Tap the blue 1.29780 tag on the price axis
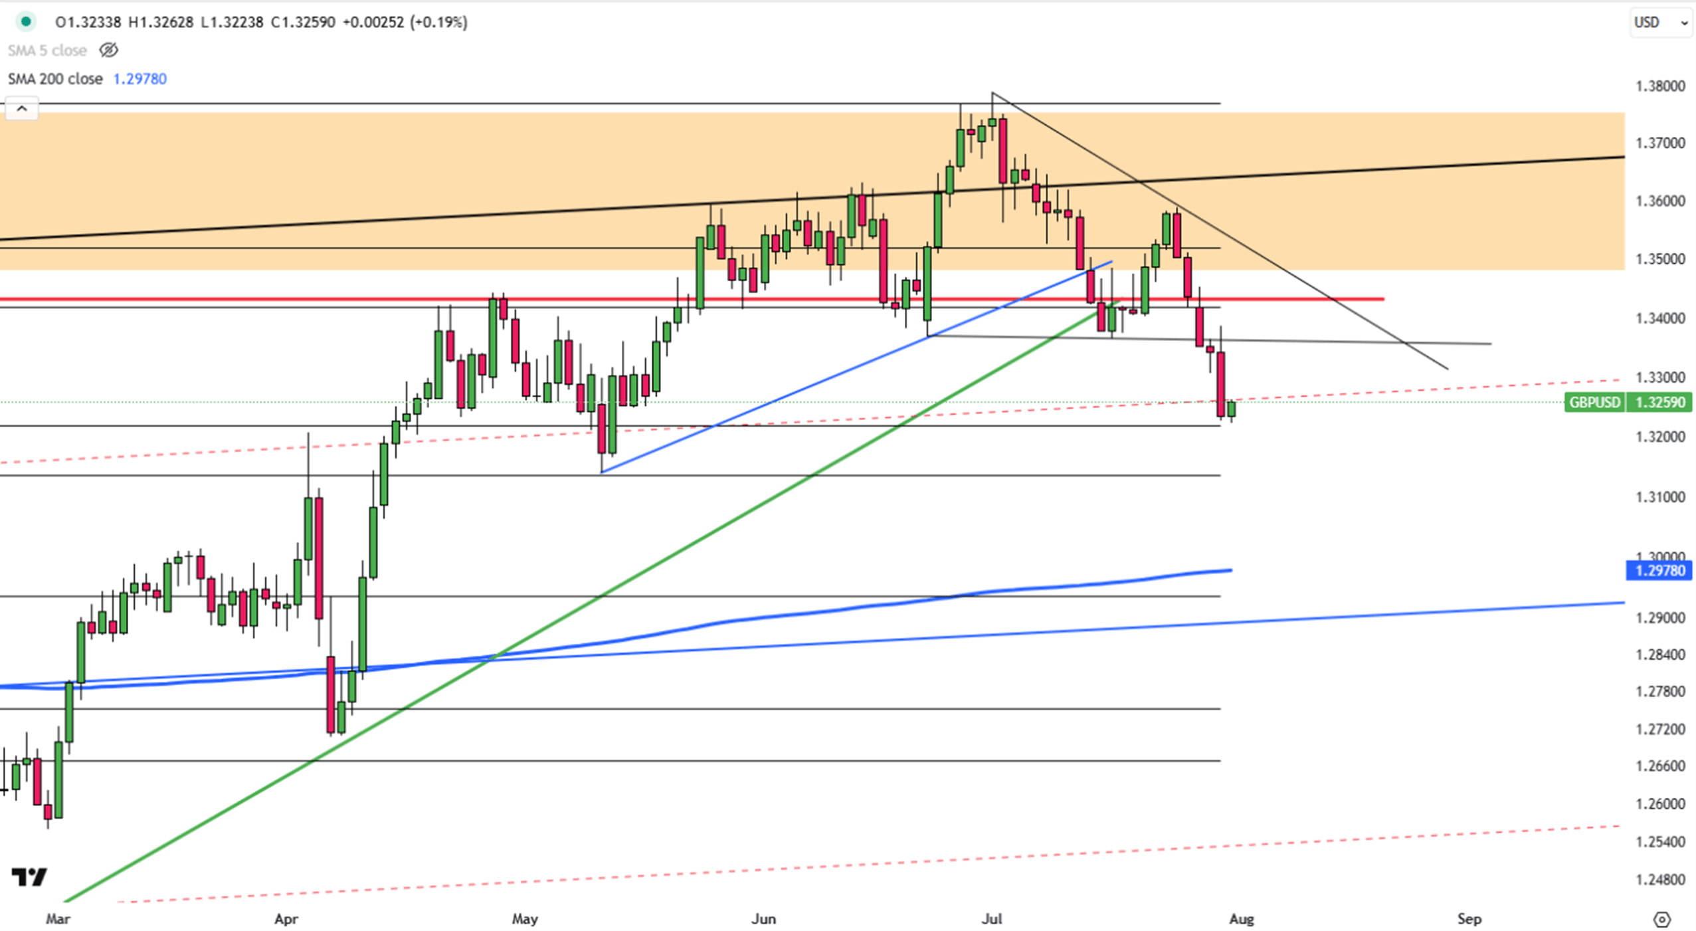(x=1659, y=570)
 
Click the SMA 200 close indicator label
(x=55, y=79)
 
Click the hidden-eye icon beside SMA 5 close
(x=108, y=50)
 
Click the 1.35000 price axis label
(x=1660, y=259)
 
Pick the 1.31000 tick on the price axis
(x=1660, y=497)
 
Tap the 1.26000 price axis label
(x=1660, y=804)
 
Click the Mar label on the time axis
(x=58, y=919)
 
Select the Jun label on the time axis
(x=763, y=919)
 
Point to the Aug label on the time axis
(x=1242, y=919)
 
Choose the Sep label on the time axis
(x=1469, y=919)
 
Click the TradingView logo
(x=29, y=877)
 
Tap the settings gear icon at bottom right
(x=1661, y=920)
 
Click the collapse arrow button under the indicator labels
(x=22, y=108)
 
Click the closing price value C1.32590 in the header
(x=303, y=23)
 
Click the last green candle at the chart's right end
(x=1232, y=408)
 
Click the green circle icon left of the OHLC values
(x=26, y=22)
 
